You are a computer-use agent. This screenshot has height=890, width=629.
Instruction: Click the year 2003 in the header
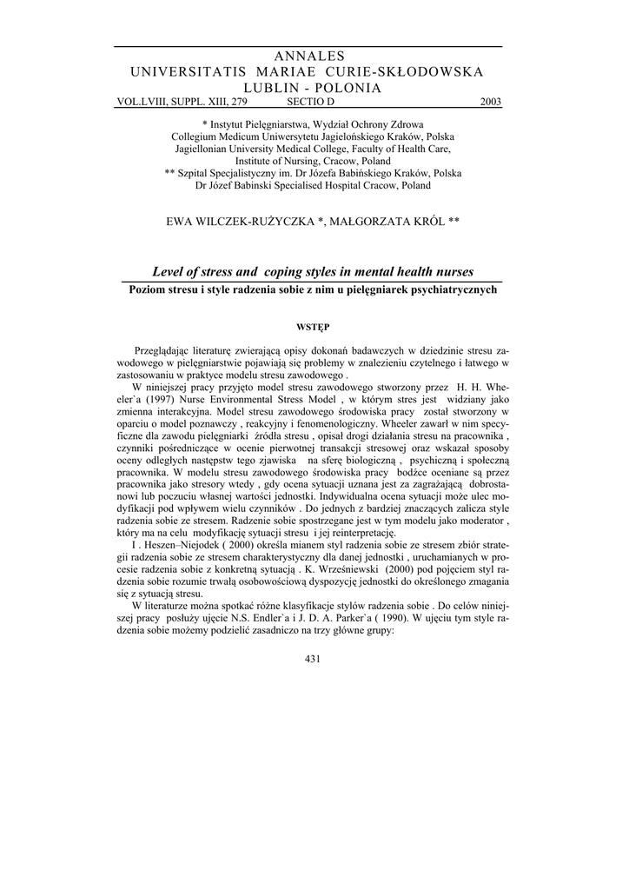[491, 102]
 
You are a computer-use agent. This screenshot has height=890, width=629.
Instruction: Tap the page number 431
[314, 659]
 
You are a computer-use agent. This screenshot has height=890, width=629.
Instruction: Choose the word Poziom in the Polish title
[148, 289]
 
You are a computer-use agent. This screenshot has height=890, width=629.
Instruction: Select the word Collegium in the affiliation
[198, 136]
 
